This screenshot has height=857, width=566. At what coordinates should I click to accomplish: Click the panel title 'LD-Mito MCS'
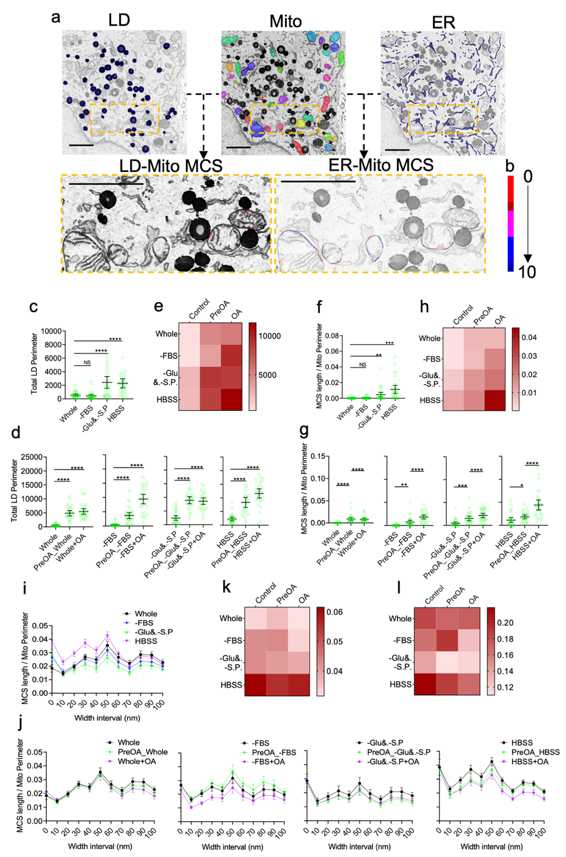171,166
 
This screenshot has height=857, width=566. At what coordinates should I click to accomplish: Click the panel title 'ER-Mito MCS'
381,165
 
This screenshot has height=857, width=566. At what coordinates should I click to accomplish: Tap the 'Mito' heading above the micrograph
285,21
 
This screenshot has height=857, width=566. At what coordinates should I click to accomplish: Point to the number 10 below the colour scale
527,272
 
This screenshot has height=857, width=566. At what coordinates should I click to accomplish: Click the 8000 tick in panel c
53,345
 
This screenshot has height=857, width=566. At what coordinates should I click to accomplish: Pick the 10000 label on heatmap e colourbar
270,336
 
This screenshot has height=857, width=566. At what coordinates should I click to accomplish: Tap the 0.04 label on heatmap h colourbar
530,337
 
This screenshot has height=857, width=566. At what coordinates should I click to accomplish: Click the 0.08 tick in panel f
332,336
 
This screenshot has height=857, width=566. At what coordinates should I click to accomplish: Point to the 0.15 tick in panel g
319,456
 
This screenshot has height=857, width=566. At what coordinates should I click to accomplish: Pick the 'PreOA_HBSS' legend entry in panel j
535,752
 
